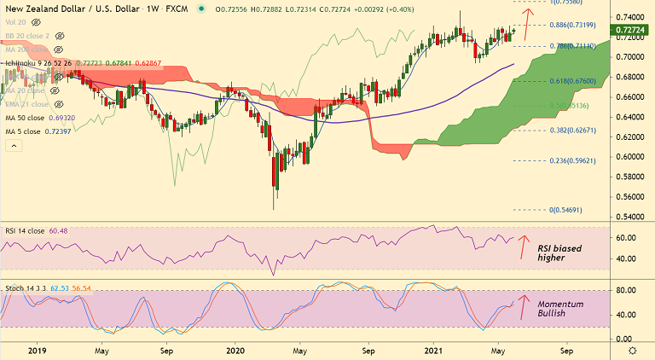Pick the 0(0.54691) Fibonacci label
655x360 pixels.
568,209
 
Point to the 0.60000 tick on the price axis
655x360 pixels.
632,157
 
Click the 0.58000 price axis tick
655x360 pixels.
632,177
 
